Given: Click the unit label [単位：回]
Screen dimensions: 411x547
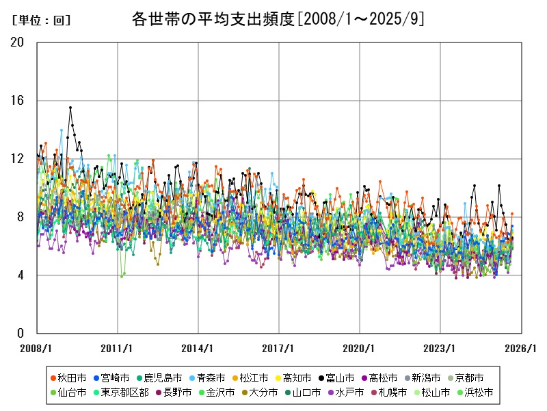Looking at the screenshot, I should tap(42, 21).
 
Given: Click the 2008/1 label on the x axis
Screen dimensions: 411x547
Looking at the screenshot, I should tap(37, 348).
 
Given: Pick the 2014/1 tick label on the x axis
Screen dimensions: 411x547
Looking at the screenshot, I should tap(198, 348).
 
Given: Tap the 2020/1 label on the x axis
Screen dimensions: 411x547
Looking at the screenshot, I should tap(360, 348).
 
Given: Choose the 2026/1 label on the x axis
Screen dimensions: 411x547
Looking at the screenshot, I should tap(521, 348).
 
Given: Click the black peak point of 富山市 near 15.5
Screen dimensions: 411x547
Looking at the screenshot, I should tap(70, 108).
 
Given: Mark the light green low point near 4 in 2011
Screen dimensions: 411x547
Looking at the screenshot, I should tap(122, 276).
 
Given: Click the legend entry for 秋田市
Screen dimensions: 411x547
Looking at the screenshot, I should tap(68, 377).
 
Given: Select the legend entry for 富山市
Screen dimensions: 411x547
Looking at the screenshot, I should tap(336, 377).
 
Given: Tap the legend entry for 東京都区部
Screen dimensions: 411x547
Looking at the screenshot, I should tap(120, 393).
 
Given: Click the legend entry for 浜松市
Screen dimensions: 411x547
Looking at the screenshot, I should tap(474, 393).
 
